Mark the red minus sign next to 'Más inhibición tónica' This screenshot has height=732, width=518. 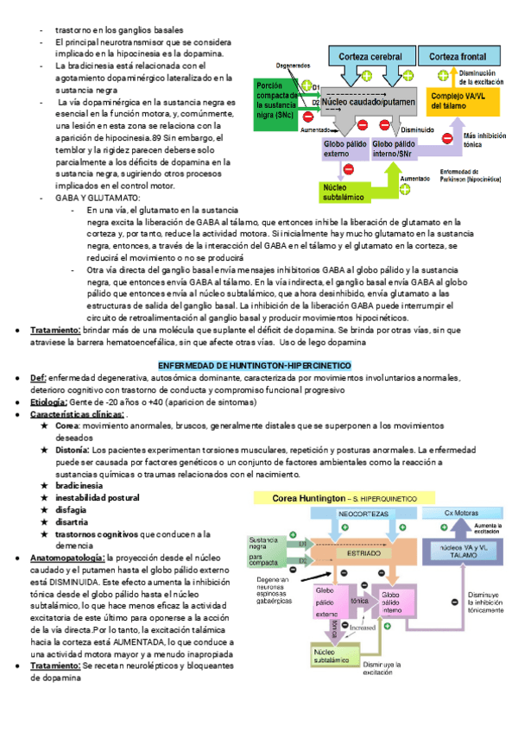coord(446,137)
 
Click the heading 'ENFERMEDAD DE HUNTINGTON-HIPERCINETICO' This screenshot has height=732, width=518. coord(258,366)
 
